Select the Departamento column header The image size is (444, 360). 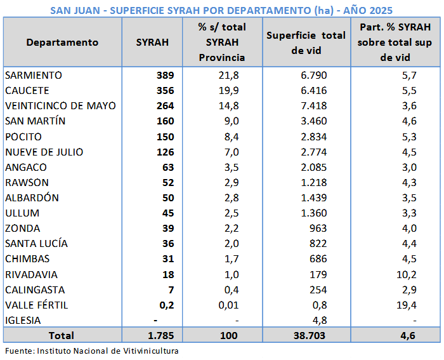click(x=62, y=43)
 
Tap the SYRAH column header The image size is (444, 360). click(x=152, y=43)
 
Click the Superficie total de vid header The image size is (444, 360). click(x=306, y=43)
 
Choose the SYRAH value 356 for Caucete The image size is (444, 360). click(x=165, y=91)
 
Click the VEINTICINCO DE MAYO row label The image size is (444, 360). click(x=60, y=106)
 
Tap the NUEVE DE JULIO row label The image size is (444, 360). click(x=44, y=152)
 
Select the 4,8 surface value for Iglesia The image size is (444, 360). click(x=320, y=320)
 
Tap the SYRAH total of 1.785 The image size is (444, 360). click(x=161, y=335)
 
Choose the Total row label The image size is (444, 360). click(x=61, y=335)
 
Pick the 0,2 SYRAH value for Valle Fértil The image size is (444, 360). click(x=166, y=305)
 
